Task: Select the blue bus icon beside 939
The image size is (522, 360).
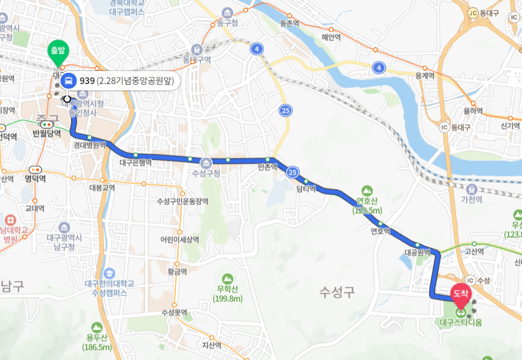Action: click(69, 81)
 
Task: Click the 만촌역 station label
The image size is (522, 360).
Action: click(267, 168)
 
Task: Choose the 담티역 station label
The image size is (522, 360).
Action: click(306, 189)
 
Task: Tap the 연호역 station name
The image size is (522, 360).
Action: click(380, 231)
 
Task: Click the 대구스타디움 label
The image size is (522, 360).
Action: click(460, 322)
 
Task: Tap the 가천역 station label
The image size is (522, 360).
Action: click(471, 200)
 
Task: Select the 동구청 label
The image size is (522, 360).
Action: click(227, 23)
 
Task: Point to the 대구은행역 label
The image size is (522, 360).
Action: click(135, 163)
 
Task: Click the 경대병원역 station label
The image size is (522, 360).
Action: click(89, 145)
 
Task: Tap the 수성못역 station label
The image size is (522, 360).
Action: click(174, 312)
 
